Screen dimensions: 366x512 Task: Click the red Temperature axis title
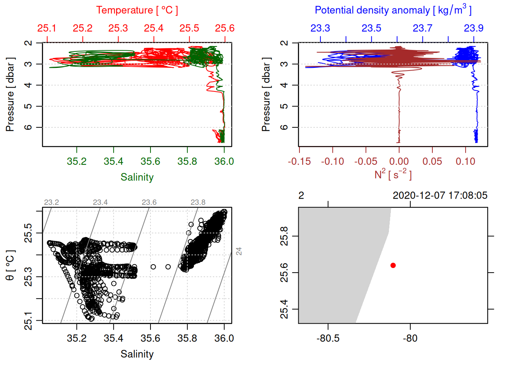click(x=137, y=10)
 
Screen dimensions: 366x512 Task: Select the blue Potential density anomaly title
click(x=393, y=10)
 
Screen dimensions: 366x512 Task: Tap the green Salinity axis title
click(x=137, y=177)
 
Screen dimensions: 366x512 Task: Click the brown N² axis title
click(x=393, y=175)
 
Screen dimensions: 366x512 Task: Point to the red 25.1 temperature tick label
click(x=47, y=28)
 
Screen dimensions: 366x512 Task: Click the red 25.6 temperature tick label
click(x=225, y=28)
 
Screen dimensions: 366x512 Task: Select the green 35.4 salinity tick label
click(x=114, y=162)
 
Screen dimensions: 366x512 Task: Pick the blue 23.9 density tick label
click(x=474, y=28)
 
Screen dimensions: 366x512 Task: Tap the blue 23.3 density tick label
click(x=320, y=28)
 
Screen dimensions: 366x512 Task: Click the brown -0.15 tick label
click(x=299, y=162)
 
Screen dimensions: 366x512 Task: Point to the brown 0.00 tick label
click(x=399, y=162)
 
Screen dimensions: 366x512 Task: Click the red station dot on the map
click(x=393, y=265)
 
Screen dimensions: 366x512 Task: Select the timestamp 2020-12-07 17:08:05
click(x=440, y=196)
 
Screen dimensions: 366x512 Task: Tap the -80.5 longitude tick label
click(x=328, y=338)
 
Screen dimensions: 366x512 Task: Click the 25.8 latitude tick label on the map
click(x=284, y=236)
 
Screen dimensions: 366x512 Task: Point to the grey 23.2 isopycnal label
click(x=51, y=202)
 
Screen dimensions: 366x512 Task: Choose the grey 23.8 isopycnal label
click(x=198, y=202)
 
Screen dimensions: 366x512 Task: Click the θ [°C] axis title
click(x=10, y=265)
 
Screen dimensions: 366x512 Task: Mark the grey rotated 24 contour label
click(x=239, y=251)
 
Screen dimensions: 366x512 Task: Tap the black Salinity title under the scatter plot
click(x=137, y=354)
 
